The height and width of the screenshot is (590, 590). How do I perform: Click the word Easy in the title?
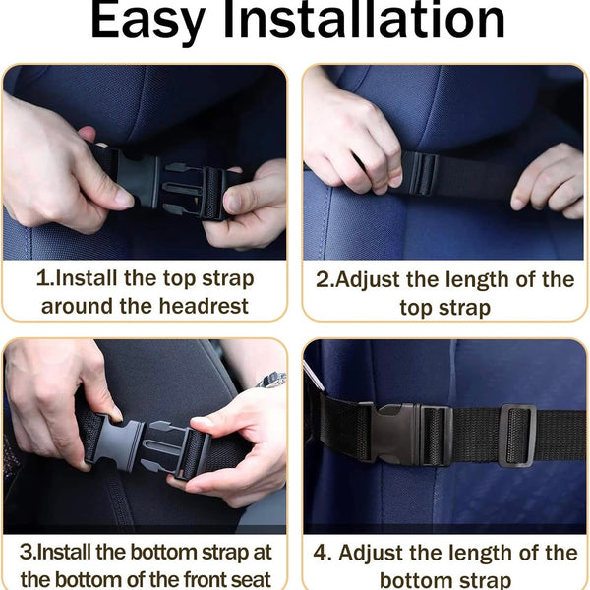147,21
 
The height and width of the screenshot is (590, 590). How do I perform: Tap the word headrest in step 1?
204,306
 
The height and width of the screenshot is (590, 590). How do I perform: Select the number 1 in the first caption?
42,279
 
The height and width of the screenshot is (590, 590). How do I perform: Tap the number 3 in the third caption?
27,552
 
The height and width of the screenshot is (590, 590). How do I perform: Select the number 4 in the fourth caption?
321,553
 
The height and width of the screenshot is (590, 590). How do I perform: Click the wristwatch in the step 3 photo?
271,380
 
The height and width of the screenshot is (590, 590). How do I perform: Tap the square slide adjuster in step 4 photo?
517,436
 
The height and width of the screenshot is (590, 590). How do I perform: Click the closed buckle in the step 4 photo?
411,435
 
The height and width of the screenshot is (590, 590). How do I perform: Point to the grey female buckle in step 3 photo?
116,444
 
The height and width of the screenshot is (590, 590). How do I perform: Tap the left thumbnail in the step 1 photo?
123,199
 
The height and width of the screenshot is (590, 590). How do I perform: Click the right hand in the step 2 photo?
550,181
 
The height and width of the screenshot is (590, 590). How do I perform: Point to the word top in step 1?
180,280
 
